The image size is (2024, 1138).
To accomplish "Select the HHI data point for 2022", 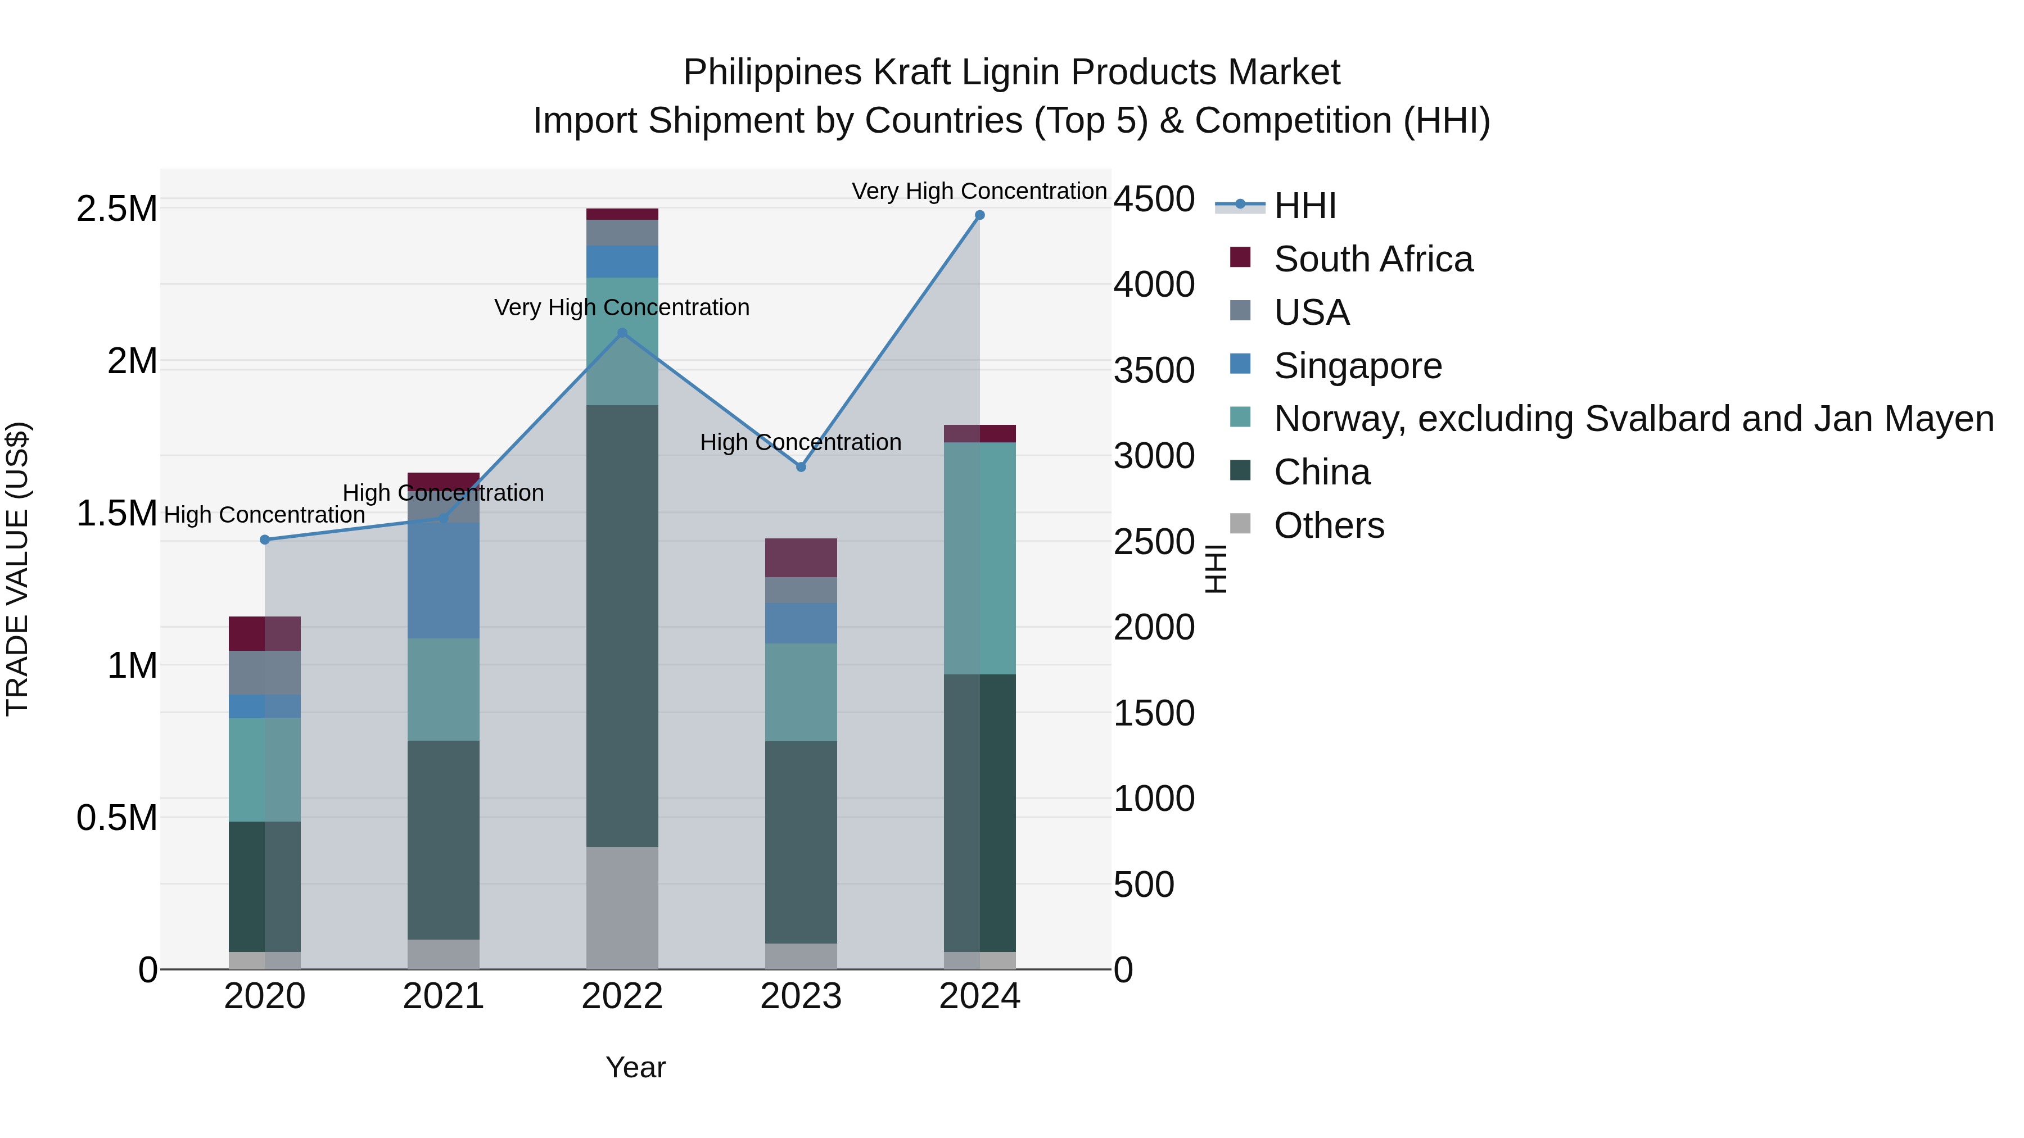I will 622,333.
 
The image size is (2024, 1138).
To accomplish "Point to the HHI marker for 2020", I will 265,539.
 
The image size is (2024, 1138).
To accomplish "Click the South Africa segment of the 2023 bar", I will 801,557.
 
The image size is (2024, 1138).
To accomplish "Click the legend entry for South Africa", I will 1372,259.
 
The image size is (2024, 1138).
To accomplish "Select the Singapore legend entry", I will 1357,366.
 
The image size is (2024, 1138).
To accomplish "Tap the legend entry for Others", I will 1328,525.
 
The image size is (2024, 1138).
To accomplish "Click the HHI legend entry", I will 1304,206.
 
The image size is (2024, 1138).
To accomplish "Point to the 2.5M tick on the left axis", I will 117,209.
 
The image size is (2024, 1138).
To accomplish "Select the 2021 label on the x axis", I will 443,996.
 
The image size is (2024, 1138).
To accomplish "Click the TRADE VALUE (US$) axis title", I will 18,569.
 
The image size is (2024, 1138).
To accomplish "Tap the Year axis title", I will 636,1067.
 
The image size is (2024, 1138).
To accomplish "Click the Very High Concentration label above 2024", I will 979,191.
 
